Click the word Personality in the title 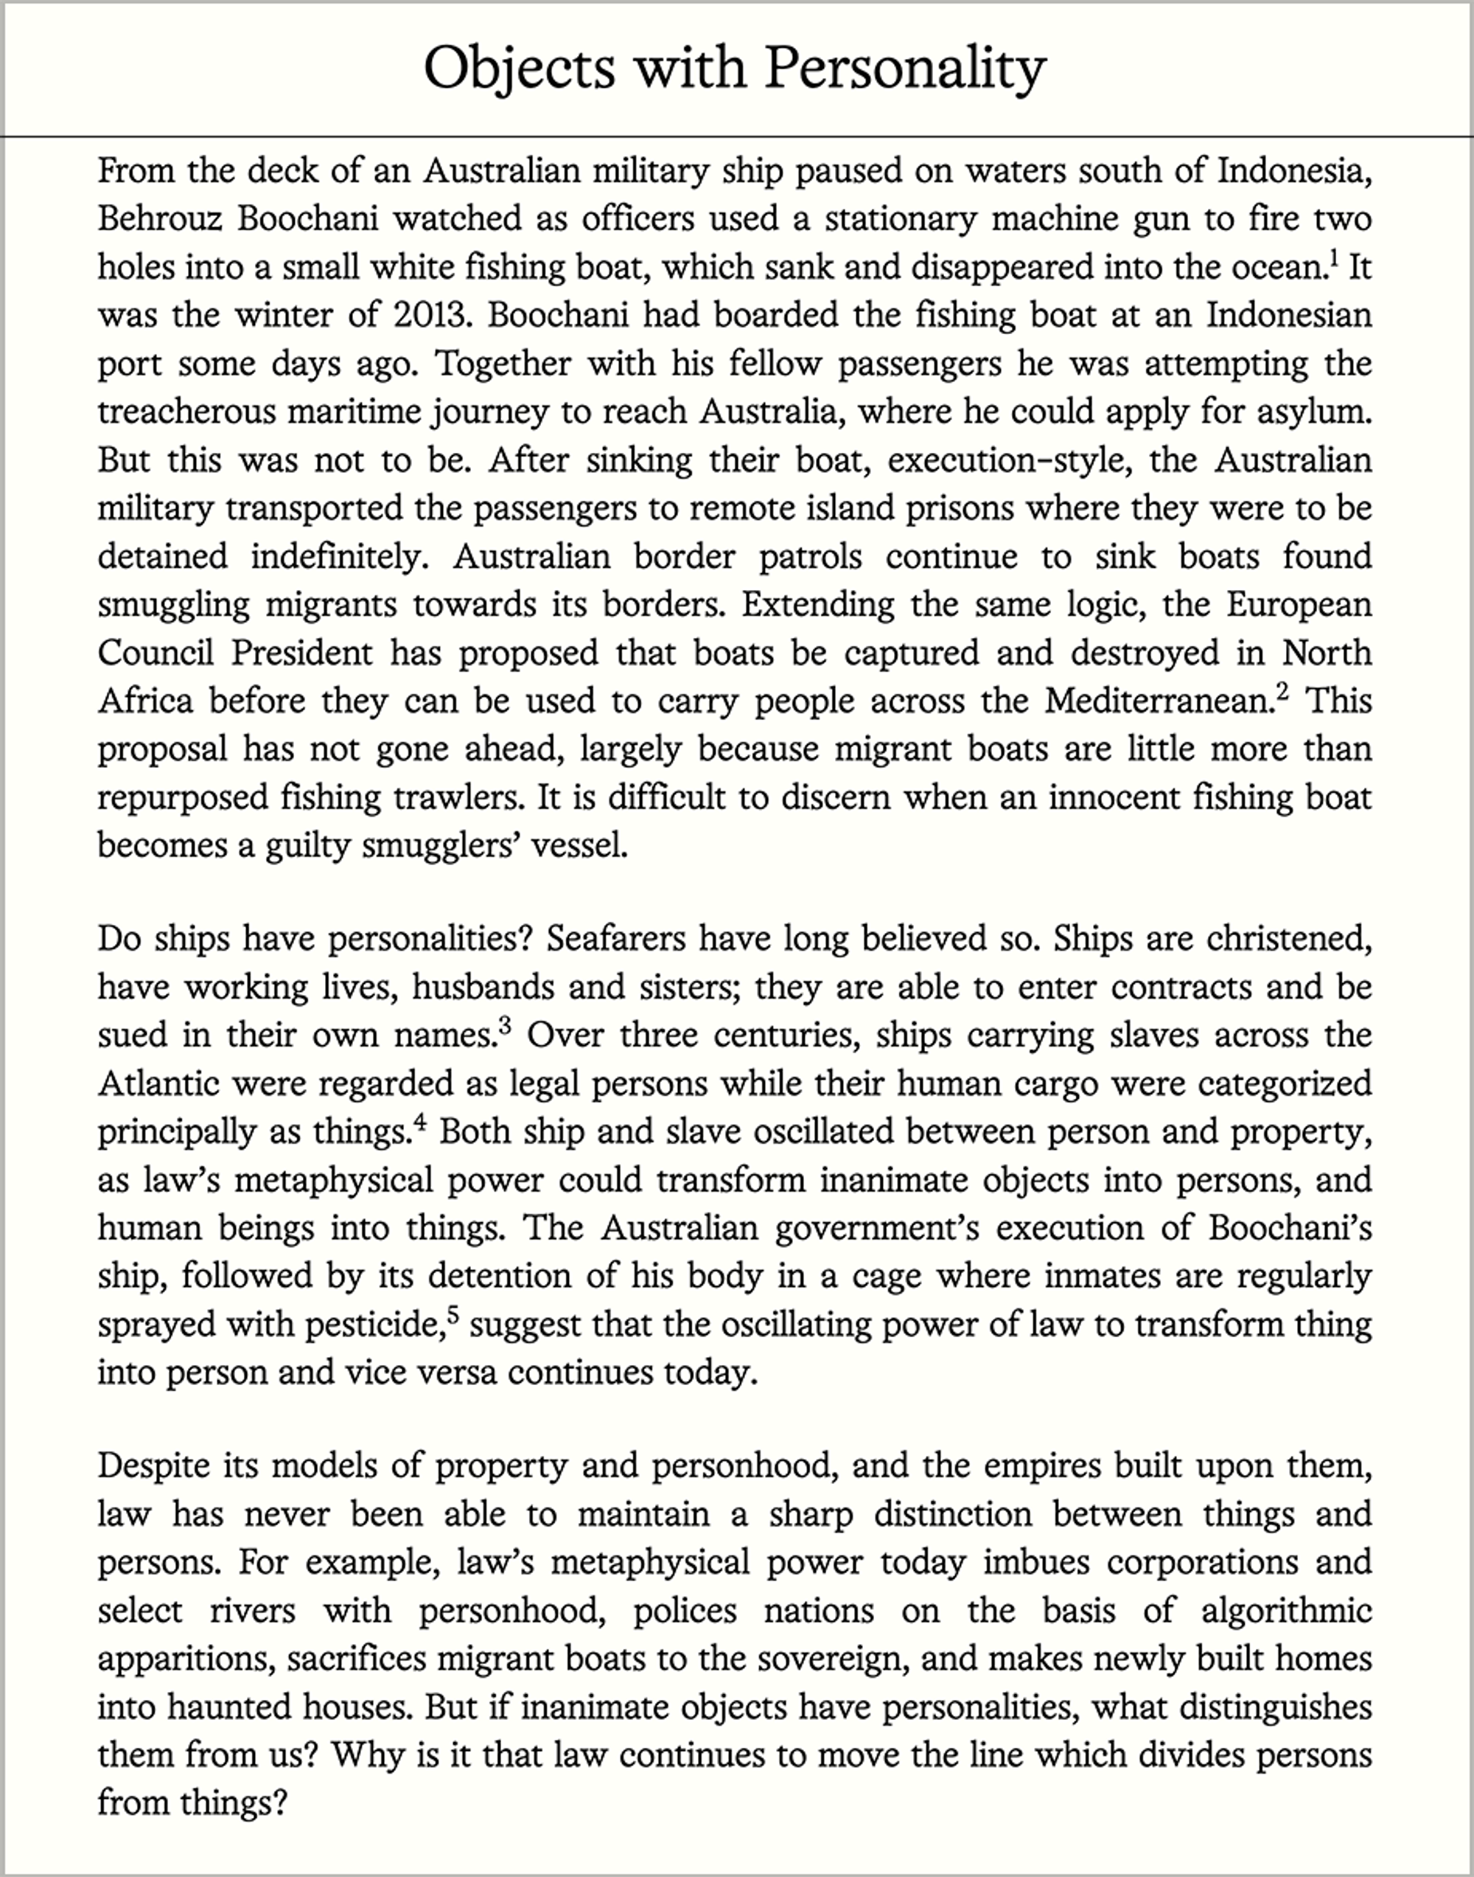(x=904, y=67)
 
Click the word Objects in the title (x=519, y=67)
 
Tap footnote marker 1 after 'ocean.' (x=1333, y=258)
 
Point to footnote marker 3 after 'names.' (x=505, y=1026)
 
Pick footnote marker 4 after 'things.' (x=419, y=1123)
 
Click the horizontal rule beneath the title (x=737, y=136)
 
